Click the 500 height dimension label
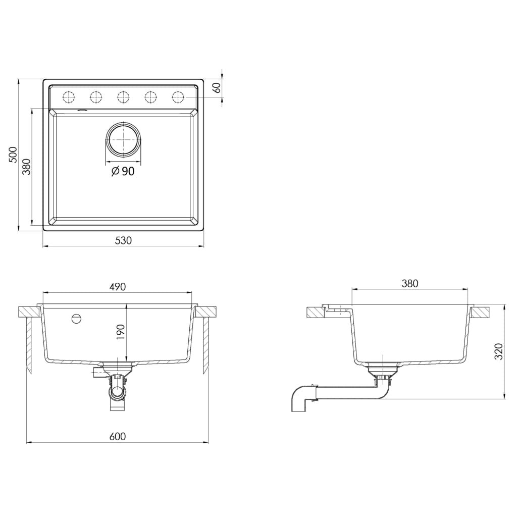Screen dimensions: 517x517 13,154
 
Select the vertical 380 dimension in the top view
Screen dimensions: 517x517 27,166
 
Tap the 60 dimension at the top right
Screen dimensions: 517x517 218,87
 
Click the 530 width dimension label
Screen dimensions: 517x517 123,241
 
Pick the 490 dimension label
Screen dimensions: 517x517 117,286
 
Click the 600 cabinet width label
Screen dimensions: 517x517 117,437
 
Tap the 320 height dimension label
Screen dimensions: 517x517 499,351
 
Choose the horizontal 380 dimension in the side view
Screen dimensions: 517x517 409,284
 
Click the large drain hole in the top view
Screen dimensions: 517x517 123,139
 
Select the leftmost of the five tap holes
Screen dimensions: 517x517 69,96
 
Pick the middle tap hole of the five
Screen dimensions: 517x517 123,96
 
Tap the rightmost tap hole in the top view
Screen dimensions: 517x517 178,96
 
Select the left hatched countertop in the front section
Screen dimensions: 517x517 28,312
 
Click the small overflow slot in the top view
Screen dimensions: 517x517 82,109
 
